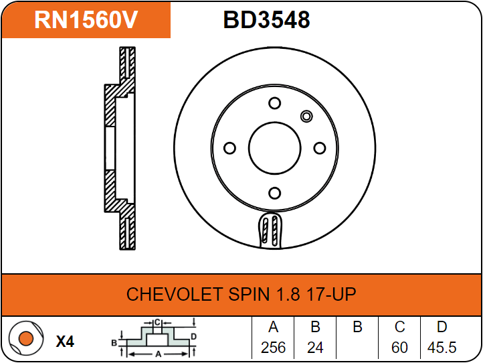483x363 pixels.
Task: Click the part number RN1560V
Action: pos(86,20)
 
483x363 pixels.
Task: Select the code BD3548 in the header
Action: pos(266,20)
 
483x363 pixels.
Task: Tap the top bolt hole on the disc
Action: pos(274,103)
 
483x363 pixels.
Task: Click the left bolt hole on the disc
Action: pos(229,148)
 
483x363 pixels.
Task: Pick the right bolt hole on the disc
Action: pos(319,148)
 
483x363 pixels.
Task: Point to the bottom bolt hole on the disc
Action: pos(274,193)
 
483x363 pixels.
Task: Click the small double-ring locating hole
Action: pos(306,117)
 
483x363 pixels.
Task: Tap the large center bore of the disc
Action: pos(274,148)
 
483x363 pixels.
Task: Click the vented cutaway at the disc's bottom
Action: pos(270,230)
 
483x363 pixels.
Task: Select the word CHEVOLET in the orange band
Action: pos(174,294)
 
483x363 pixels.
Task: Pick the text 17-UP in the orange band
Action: pos(331,294)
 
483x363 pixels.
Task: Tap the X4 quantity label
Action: pos(65,342)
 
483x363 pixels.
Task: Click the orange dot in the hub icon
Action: pos(26,339)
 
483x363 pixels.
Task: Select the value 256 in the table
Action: pos(273,348)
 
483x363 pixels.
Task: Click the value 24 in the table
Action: pos(315,348)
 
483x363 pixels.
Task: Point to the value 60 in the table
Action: pos(399,348)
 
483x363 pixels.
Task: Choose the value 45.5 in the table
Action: pos(442,348)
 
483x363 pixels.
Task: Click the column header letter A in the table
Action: pos(273,327)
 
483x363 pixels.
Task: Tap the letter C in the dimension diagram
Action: pos(157,323)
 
